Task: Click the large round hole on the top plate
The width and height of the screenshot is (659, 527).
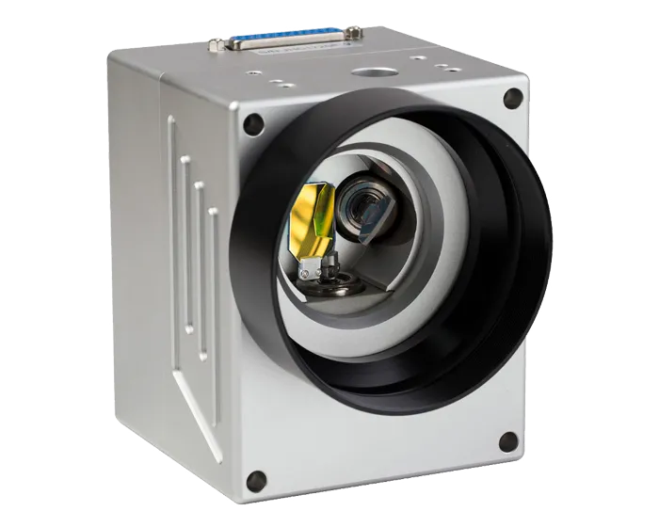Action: coord(369,72)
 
